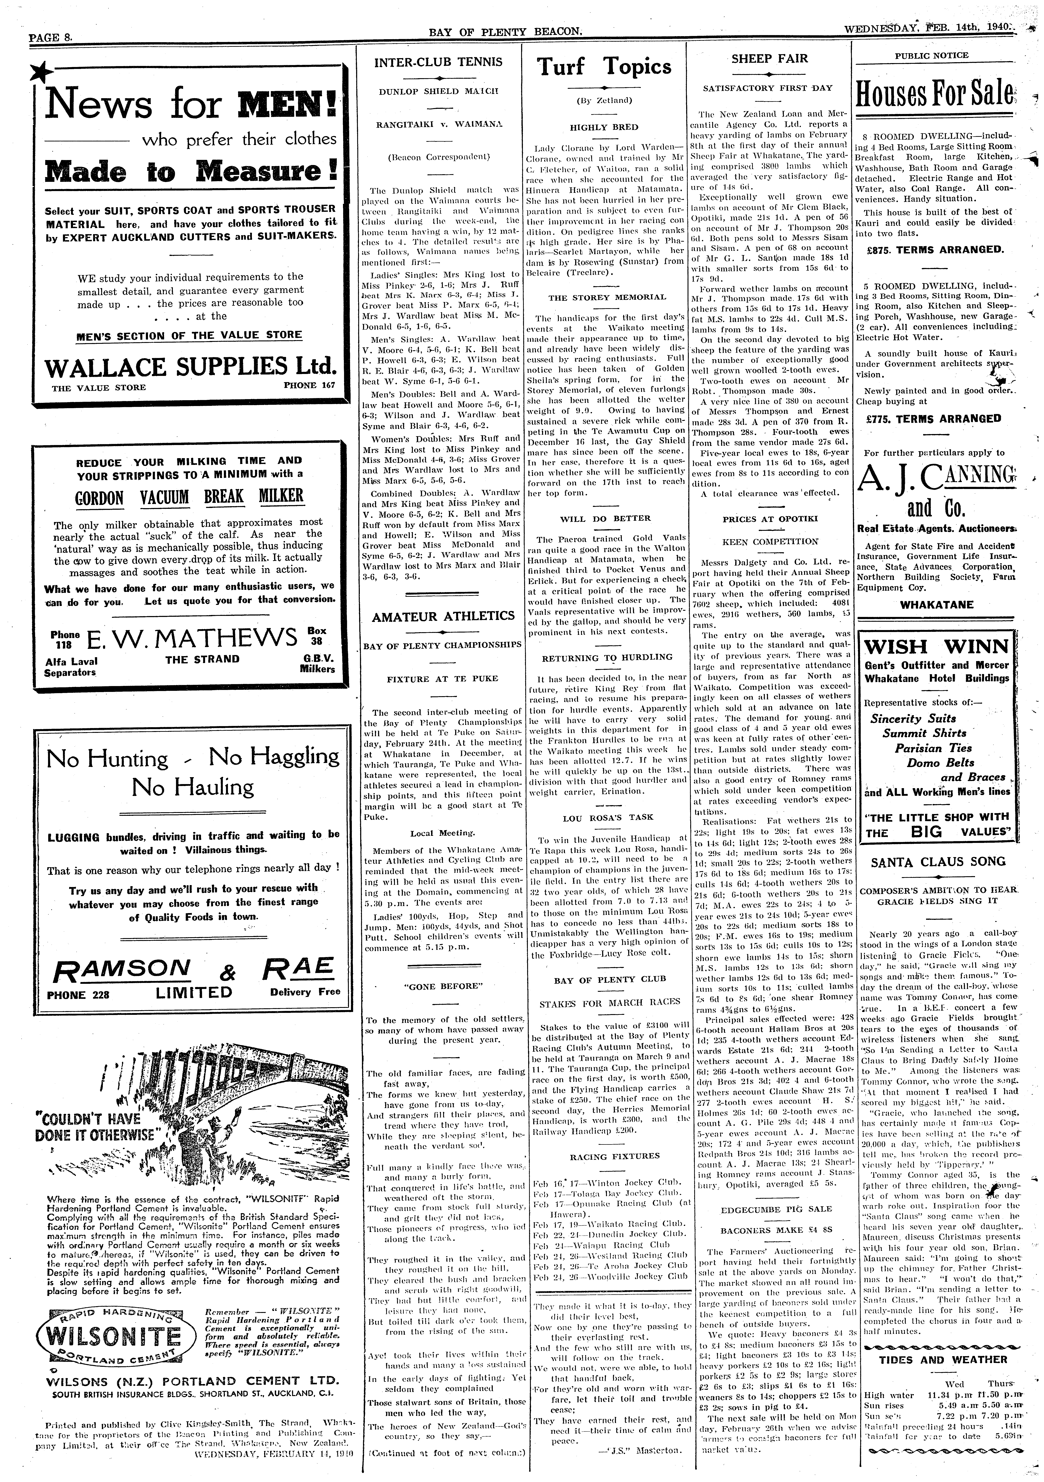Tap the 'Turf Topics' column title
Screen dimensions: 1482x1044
click(x=604, y=67)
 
